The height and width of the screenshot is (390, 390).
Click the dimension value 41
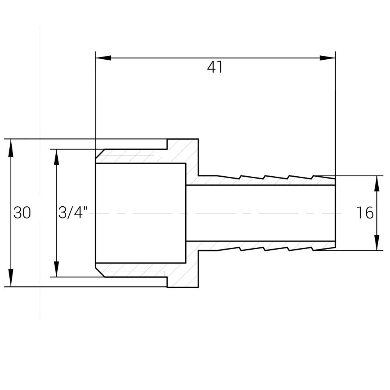tap(215, 67)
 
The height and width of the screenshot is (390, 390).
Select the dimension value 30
tap(22, 213)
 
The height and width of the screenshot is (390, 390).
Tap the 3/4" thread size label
tap(73, 213)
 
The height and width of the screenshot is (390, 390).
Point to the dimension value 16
tap(365, 213)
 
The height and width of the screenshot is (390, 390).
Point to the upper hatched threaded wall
tap(136, 156)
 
